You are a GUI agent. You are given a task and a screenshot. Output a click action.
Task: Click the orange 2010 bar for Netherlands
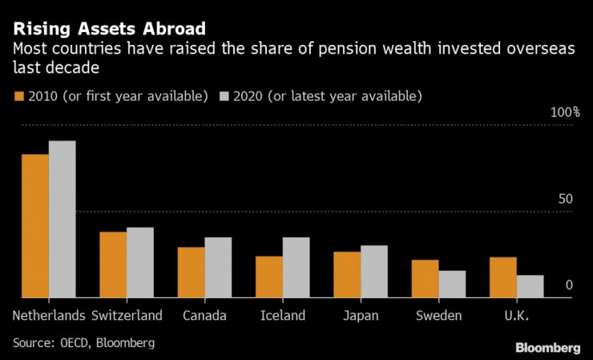pos(35,226)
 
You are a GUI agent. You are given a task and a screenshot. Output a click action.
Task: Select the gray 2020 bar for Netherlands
pos(62,220)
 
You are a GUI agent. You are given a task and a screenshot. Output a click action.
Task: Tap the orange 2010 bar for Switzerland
pos(113,265)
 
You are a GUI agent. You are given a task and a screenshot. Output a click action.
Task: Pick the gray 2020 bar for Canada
pos(218,268)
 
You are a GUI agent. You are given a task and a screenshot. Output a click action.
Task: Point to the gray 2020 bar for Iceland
pos(296,268)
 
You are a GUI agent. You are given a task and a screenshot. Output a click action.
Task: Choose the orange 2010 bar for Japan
pos(347,275)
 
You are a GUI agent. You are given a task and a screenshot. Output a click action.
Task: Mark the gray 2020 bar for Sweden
pos(452,285)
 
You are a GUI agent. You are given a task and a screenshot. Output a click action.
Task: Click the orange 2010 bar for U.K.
pos(503,277)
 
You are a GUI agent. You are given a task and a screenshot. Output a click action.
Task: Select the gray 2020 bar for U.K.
pos(530,287)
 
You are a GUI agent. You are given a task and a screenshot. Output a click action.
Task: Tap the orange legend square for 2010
pos(18,96)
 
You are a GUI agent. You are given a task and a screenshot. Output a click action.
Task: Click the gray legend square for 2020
pos(224,96)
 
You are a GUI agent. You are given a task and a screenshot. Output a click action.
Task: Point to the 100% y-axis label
pos(564,112)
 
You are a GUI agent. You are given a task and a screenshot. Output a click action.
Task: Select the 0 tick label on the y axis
pos(569,285)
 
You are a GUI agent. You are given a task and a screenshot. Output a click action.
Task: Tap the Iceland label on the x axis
pos(283,316)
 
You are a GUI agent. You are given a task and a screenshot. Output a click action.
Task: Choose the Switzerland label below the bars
pos(127,316)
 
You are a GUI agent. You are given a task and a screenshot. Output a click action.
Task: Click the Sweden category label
pos(438,316)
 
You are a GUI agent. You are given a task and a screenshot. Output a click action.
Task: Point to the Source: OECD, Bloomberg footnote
pos(83,342)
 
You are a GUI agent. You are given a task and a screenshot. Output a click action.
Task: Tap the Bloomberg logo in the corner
pos(547,347)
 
